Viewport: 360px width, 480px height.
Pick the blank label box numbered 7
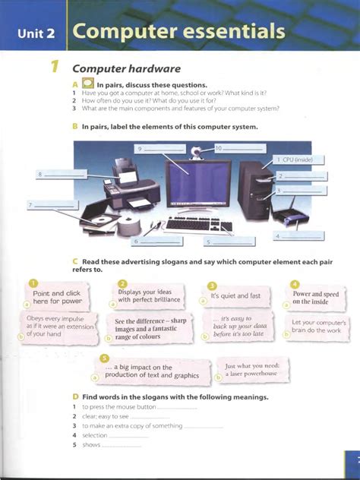(x=51, y=205)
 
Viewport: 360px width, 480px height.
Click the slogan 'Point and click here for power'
(x=57, y=296)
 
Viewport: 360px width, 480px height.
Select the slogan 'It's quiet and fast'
(x=235, y=295)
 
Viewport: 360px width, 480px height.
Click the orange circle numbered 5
(x=104, y=358)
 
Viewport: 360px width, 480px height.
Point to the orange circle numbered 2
(x=122, y=284)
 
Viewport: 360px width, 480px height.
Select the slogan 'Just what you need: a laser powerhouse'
(x=253, y=370)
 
